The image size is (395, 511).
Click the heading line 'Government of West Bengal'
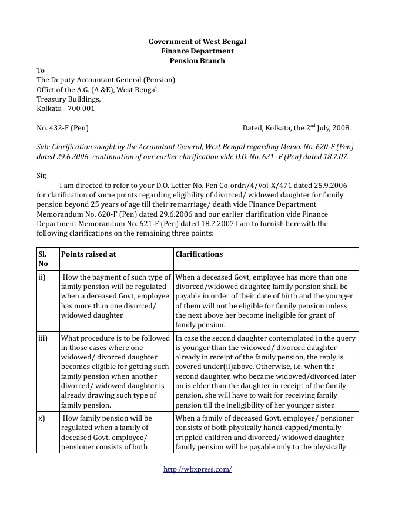click(x=197, y=42)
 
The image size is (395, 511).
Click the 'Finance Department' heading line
click(x=197, y=51)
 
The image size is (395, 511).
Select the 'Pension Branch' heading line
click(x=197, y=60)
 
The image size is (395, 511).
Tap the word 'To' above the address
click(x=41, y=70)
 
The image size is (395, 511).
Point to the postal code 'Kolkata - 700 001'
click(x=65, y=109)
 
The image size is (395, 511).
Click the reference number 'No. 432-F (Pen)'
click(x=63, y=127)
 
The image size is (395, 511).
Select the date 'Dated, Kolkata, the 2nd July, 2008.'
click(x=297, y=127)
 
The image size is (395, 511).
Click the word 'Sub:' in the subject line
click(x=44, y=146)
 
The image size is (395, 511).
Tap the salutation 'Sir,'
click(x=41, y=175)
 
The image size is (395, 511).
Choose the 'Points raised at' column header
click(x=89, y=254)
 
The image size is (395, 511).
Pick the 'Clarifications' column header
click(x=199, y=254)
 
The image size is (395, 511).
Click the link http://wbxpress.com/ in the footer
click(x=197, y=469)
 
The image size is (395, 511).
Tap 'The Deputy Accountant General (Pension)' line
click(x=106, y=80)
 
